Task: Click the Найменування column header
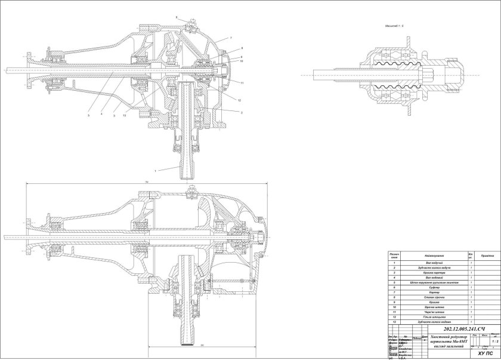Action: point(433,256)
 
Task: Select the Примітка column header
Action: point(487,256)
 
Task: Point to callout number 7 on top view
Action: point(228,38)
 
